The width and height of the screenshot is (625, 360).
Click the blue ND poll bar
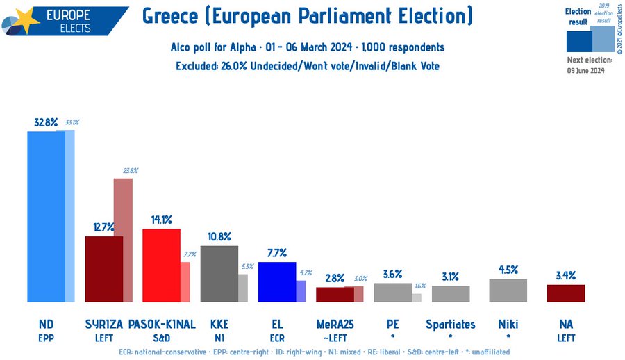[x=46, y=216]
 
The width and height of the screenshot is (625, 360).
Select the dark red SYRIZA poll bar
[x=103, y=269]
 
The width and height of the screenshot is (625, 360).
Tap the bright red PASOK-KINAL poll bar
[x=161, y=265]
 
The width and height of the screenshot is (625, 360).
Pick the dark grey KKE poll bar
[x=219, y=273]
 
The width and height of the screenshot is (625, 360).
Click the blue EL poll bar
[x=276, y=281]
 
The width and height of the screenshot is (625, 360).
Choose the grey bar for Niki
[x=508, y=291]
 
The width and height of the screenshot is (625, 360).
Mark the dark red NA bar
[x=565, y=293]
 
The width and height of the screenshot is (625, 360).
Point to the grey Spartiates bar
[x=450, y=294]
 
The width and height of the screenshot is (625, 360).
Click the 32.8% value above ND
[x=46, y=122]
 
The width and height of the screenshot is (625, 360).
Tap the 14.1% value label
[x=161, y=220]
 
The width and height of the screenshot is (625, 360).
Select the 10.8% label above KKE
[x=219, y=237]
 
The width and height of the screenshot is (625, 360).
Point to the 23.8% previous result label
[x=129, y=170]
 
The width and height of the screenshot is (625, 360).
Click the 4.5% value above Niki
[x=508, y=270]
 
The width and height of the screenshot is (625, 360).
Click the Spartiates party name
[x=450, y=325]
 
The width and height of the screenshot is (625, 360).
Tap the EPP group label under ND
[x=46, y=338]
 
